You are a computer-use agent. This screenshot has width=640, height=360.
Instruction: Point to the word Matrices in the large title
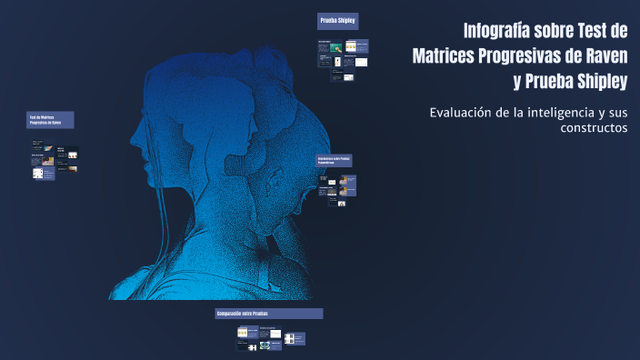click(445, 55)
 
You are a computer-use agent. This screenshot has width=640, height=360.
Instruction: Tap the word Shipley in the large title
click(599, 82)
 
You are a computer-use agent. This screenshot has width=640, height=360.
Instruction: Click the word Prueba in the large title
click(544, 82)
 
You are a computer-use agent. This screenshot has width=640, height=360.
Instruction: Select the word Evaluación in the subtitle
click(460, 113)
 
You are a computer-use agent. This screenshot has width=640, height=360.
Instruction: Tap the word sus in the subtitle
click(617, 113)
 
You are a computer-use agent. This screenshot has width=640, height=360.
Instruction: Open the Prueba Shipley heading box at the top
click(337, 21)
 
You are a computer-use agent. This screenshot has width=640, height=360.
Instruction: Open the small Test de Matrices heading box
click(50, 120)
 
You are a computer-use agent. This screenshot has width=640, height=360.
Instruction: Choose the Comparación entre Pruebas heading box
click(268, 314)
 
